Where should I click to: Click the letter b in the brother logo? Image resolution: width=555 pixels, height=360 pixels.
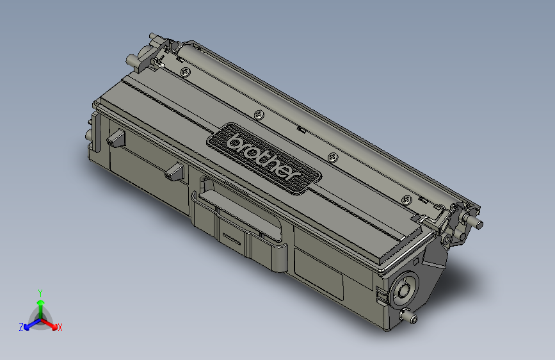click(x=236, y=140)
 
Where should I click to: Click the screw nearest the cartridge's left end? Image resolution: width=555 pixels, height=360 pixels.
click(x=184, y=72)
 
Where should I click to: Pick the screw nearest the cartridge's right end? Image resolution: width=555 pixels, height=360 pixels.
click(x=406, y=200)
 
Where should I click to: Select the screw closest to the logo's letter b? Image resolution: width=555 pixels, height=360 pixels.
click(x=259, y=115)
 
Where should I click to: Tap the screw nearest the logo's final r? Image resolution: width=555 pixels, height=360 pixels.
click(x=332, y=157)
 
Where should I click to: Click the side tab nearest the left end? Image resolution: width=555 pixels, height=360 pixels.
click(x=116, y=138)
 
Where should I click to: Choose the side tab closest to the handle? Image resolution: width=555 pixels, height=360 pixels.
click(x=174, y=170)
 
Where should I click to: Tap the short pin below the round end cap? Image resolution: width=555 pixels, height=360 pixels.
click(x=407, y=316)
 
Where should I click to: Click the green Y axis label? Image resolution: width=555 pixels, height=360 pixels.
click(x=40, y=291)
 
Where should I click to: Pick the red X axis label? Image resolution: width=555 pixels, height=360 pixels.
click(x=60, y=327)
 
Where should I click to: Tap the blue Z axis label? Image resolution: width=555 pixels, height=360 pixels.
click(x=21, y=327)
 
